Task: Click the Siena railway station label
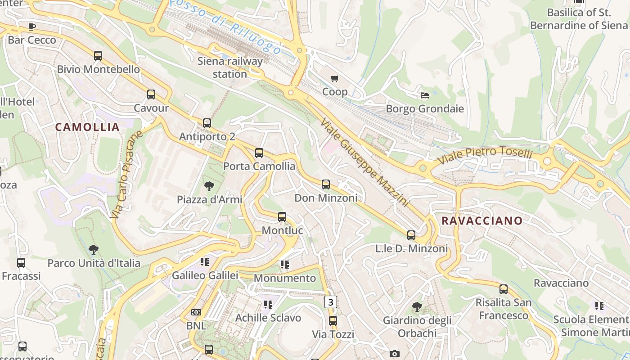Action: point(229,67)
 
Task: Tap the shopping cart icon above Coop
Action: point(335,79)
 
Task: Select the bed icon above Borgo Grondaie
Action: point(424,95)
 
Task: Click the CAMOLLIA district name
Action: point(87,127)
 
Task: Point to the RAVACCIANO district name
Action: point(482,221)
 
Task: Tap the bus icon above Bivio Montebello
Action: point(98,56)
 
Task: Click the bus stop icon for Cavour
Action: point(151,94)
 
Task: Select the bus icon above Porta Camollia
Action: point(259,153)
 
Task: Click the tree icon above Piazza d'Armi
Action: point(209,186)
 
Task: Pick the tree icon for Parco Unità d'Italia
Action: point(94,249)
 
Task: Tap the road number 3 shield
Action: point(331,302)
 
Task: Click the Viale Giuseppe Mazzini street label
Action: point(364,162)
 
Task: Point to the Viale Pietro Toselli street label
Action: point(485,155)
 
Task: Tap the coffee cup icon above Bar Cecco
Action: point(32,27)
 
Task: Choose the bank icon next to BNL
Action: point(196,312)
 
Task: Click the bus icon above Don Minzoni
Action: point(326,184)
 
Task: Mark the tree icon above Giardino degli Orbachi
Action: point(417,307)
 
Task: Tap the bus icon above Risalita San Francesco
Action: point(504,289)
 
